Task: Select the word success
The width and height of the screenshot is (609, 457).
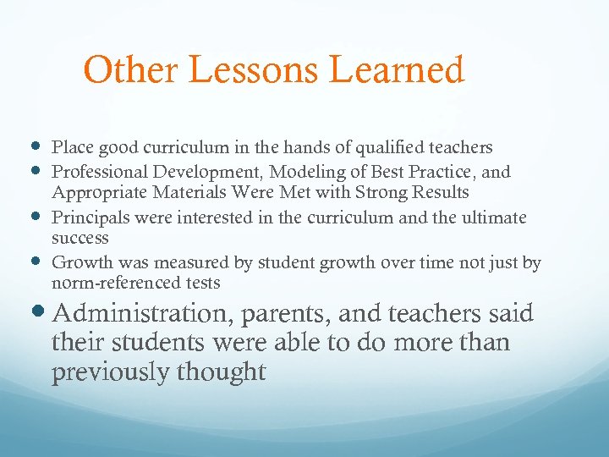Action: [x=80, y=238]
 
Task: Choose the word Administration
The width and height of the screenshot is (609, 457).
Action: [x=141, y=315]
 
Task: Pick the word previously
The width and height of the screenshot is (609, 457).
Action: [x=112, y=372]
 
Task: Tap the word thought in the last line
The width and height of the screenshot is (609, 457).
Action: [x=224, y=372]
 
